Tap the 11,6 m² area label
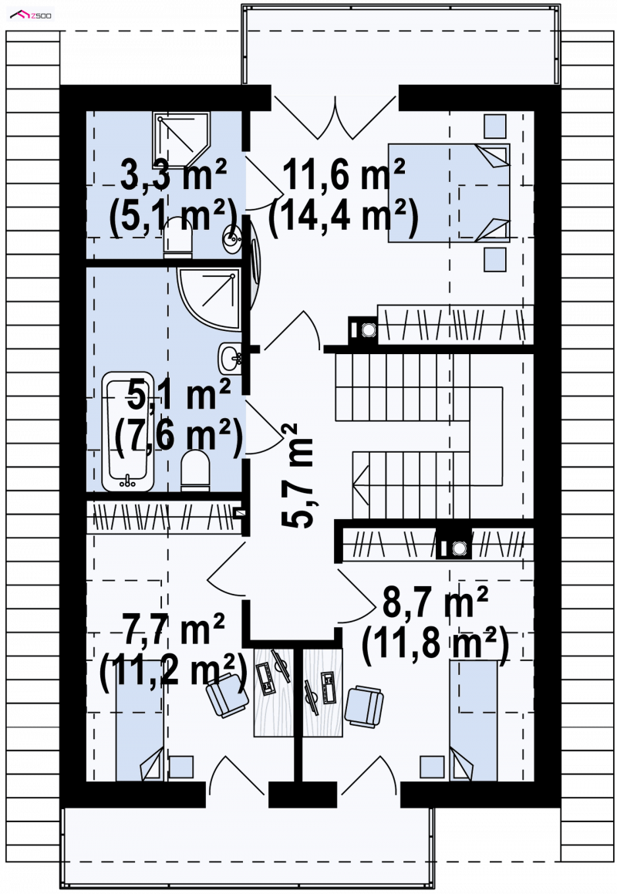[x=344, y=174]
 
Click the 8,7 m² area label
[x=435, y=602]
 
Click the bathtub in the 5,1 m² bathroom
[x=128, y=432]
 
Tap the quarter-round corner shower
[x=209, y=298]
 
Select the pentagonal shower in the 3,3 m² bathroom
[x=181, y=140]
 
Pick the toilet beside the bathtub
[x=195, y=471]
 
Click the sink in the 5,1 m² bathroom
[x=231, y=358]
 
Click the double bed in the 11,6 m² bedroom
[x=449, y=193]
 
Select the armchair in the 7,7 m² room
[x=227, y=694]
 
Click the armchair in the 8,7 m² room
[x=364, y=707]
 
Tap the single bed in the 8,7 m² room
[x=473, y=720]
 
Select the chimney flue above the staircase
[x=363, y=329]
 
